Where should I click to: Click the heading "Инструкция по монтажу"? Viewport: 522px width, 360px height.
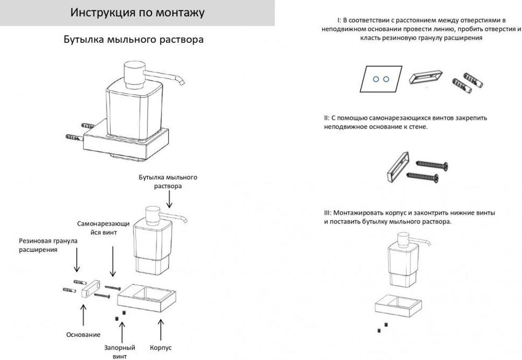click(137, 13)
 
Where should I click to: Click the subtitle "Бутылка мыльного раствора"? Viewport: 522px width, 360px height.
click(134, 40)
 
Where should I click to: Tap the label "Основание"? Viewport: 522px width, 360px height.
click(84, 334)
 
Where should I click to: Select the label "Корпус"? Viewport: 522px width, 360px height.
click(161, 347)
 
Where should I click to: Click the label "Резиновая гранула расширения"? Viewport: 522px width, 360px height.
click(48, 245)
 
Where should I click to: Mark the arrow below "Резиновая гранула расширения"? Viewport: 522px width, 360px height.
click(77, 262)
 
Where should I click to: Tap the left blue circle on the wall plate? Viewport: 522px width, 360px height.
click(375, 79)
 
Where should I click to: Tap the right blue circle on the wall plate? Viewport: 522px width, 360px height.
click(386, 79)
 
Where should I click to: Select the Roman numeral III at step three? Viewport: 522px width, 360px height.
click(327, 213)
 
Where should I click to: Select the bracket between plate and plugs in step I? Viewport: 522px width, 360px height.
click(425, 77)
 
